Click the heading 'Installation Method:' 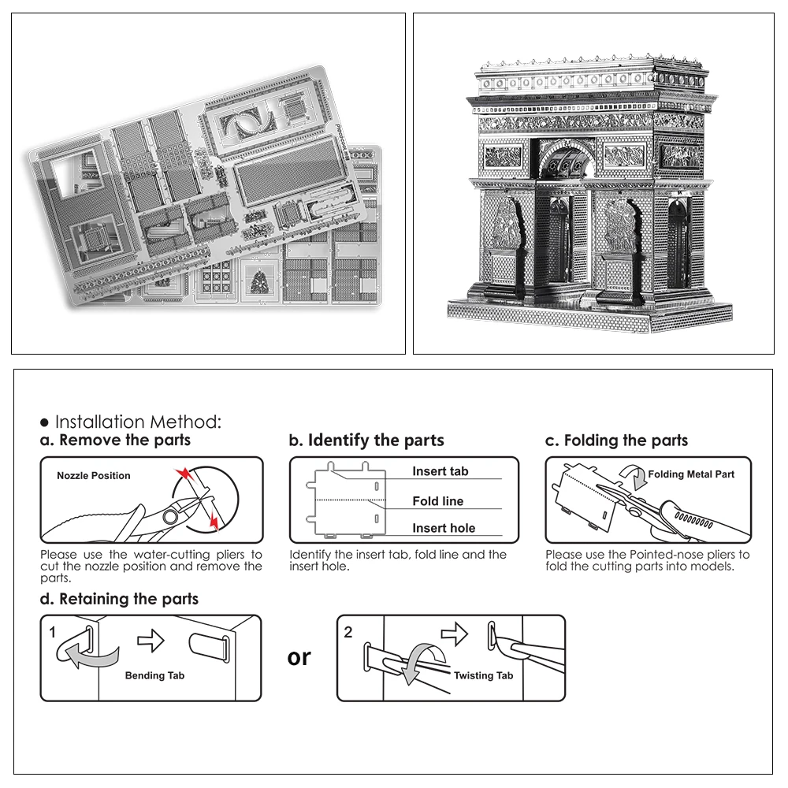click(138, 422)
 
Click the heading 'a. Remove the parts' click(115, 440)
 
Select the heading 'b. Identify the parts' click(366, 440)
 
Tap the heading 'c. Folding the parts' click(616, 440)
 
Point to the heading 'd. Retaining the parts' click(119, 599)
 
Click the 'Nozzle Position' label click(94, 475)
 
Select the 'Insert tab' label click(440, 471)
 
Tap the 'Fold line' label click(437, 501)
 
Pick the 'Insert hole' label click(444, 528)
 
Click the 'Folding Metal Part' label click(691, 474)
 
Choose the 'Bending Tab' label click(154, 675)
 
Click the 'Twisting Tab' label click(484, 675)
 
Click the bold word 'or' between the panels click(299, 658)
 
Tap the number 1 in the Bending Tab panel click(53, 632)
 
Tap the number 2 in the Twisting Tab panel click(348, 632)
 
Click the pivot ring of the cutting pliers click(170, 517)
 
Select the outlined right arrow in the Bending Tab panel click(151, 641)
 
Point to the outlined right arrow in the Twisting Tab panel click(455, 634)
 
